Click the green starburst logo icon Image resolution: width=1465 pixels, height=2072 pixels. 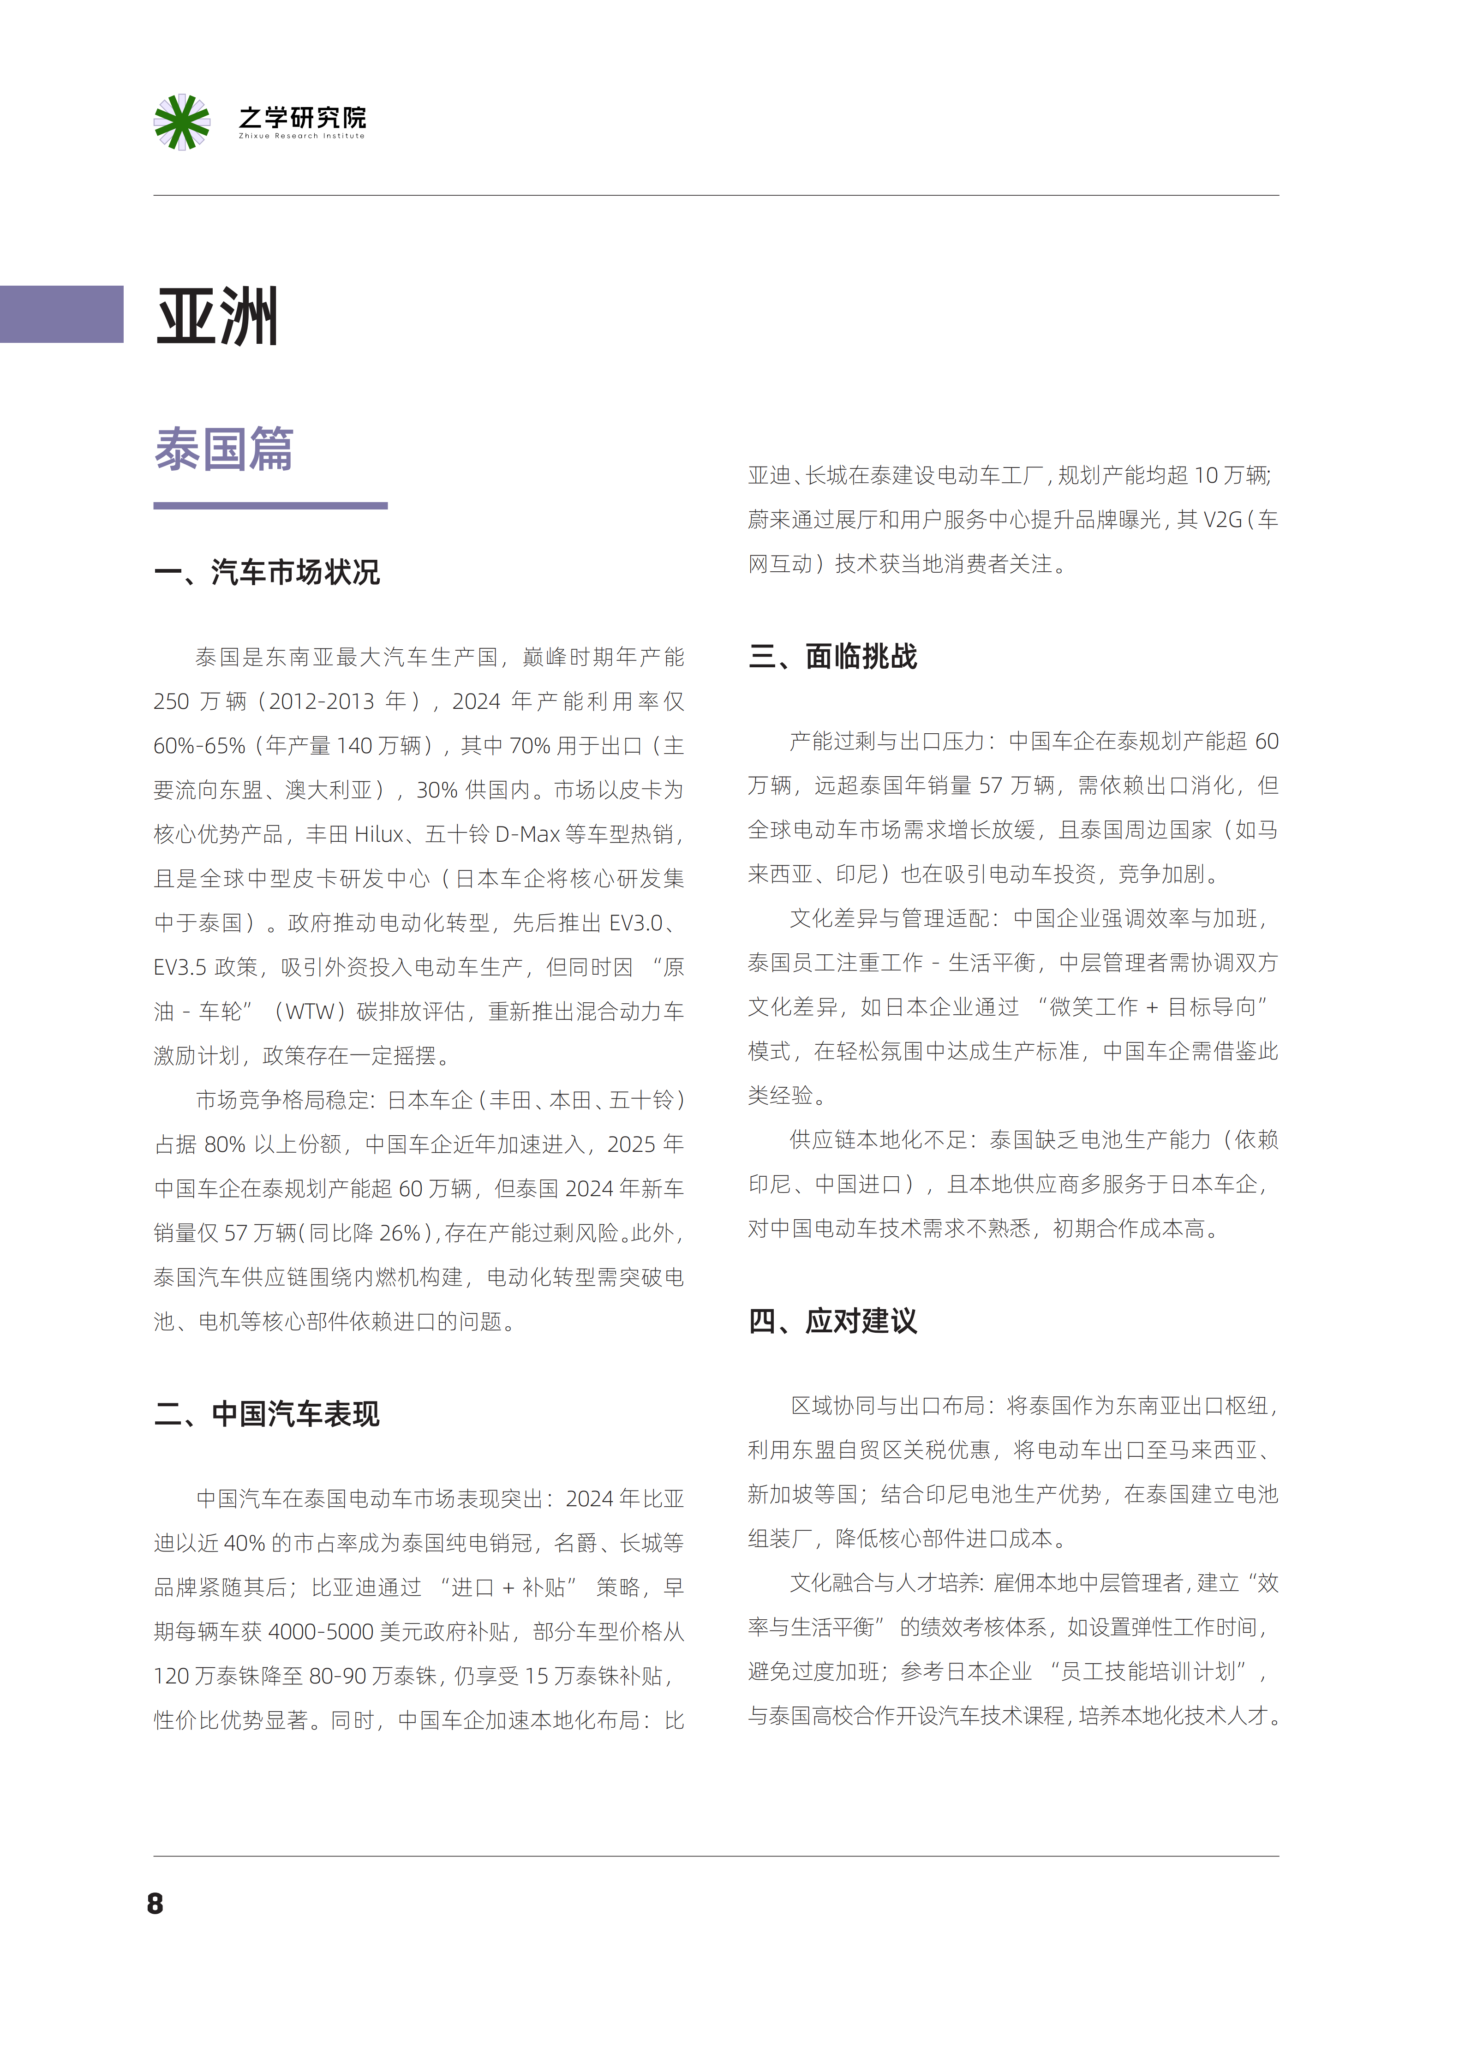tap(181, 122)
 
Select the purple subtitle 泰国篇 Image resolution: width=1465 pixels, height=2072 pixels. tap(224, 449)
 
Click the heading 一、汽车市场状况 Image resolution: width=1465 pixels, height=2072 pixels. tap(267, 572)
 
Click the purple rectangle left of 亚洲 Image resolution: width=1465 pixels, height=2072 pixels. tap(61, 314)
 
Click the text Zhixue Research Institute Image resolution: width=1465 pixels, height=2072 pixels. tap(301, 136)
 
